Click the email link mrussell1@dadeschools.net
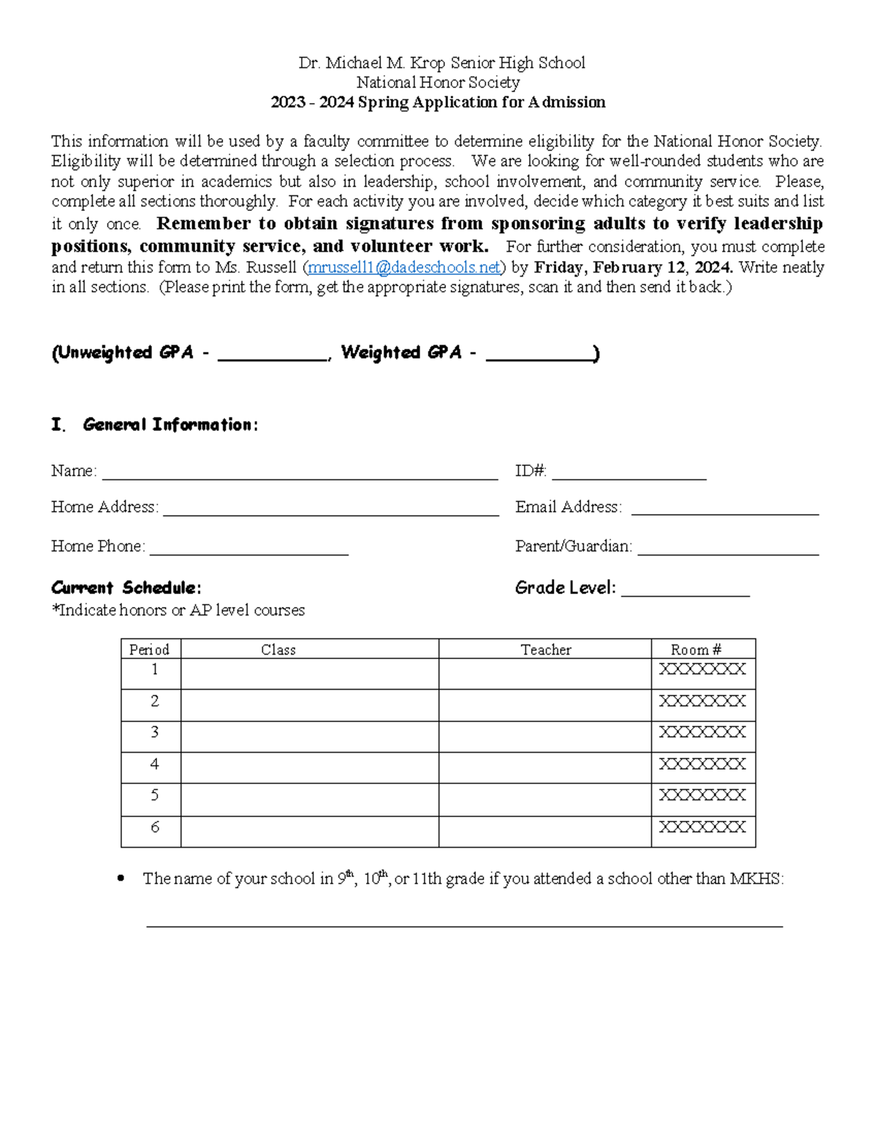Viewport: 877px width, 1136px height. (404, 268)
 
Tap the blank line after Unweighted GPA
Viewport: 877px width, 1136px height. (273, 356)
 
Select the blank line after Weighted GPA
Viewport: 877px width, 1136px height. (539, 356)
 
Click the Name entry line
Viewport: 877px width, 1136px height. (300, 474)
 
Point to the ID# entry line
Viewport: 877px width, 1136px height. (629, 474)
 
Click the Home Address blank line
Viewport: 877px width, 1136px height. (330, 511)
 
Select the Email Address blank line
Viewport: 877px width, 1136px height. (724, 511)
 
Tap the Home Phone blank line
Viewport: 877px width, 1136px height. (248, 549)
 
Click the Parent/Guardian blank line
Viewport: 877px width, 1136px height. (728, 549)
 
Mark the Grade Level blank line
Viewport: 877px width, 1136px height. (686, 591)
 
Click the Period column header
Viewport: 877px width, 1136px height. (150, 650)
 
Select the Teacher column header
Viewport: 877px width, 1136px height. (545, 650)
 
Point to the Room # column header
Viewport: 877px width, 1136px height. (696, 650)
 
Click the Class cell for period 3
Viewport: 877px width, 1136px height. (309, 737)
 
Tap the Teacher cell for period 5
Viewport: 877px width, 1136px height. (544, 800)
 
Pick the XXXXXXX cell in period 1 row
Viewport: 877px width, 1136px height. (702, 669)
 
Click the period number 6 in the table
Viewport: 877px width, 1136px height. (154, 827)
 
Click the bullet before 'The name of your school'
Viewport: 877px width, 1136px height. (121, 879)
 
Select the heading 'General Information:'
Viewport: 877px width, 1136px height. (170, 425)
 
